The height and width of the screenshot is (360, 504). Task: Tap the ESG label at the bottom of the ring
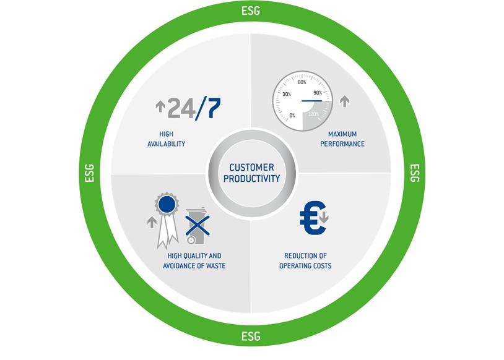tap(251, 337)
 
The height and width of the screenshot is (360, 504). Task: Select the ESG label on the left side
tap(87, 174)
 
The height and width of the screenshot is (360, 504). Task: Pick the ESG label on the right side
tap(415, 174)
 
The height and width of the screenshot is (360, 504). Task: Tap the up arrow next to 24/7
tap(160, 107)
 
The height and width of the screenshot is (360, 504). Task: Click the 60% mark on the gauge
tap(302, 82)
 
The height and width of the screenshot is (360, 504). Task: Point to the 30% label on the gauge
tap(286, 94)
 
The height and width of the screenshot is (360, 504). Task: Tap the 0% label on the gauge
tap(292, 115)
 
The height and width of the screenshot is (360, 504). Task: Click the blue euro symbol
tap(311, 219)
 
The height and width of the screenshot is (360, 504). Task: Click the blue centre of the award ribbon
tap(165, 204)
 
